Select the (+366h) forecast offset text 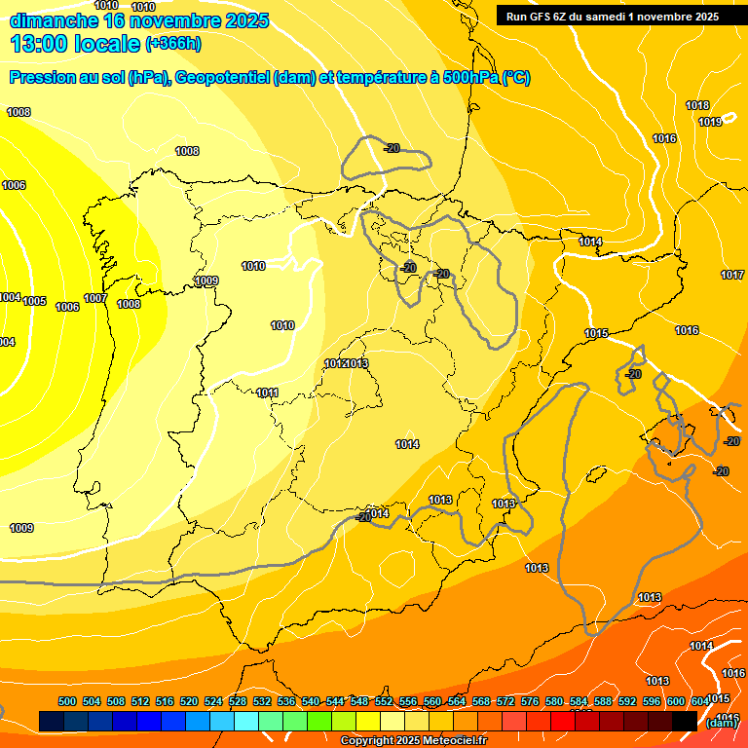(171, 44)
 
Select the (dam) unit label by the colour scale (721, 723)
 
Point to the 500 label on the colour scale (67, 701)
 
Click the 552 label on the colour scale (384, 701)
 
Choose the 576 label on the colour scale (530, 701)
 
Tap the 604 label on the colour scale (699, 701)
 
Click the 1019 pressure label (710, 122)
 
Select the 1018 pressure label (696, 105)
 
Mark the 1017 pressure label (732, 275)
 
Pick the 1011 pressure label (268, 393)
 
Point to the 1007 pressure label (94, 298)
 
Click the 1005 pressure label (34, 301)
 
